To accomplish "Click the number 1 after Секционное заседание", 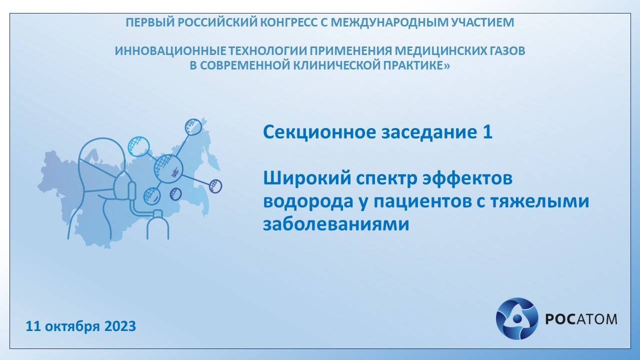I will (487, 132).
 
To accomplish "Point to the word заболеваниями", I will (336, 224).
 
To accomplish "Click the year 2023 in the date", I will (120, 326).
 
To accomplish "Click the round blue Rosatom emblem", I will (516, 318).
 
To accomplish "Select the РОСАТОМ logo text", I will (580, 318).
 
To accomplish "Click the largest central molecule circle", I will (168, 168).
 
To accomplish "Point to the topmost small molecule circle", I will (193, 126).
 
